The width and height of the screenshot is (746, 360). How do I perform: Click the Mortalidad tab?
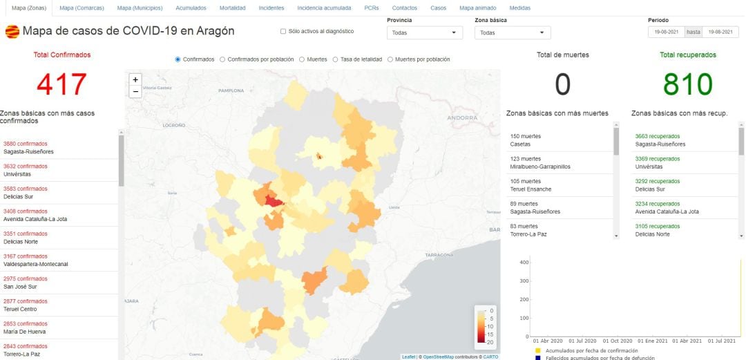point(232,8)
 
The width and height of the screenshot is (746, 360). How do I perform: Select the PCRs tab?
point(371,8)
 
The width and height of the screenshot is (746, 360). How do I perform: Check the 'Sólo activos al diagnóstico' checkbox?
point(283,31)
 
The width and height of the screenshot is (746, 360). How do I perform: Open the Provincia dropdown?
point(424,32)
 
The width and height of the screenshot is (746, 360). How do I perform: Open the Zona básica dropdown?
point(513,32)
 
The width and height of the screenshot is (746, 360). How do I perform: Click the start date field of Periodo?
point(665,32)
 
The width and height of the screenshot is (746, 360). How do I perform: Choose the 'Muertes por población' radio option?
point(390,59)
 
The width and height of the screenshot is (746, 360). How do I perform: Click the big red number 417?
point(61,84)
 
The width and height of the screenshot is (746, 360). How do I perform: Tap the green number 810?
point(687,84)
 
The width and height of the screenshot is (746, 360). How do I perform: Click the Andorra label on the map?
point(462,117)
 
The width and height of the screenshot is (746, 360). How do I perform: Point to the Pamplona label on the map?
point(231,91)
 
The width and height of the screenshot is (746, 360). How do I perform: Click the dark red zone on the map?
point(274,202)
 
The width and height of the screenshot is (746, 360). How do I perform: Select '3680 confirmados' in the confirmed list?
point(26,144)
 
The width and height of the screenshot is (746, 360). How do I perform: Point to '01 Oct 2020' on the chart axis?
point(617,341)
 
